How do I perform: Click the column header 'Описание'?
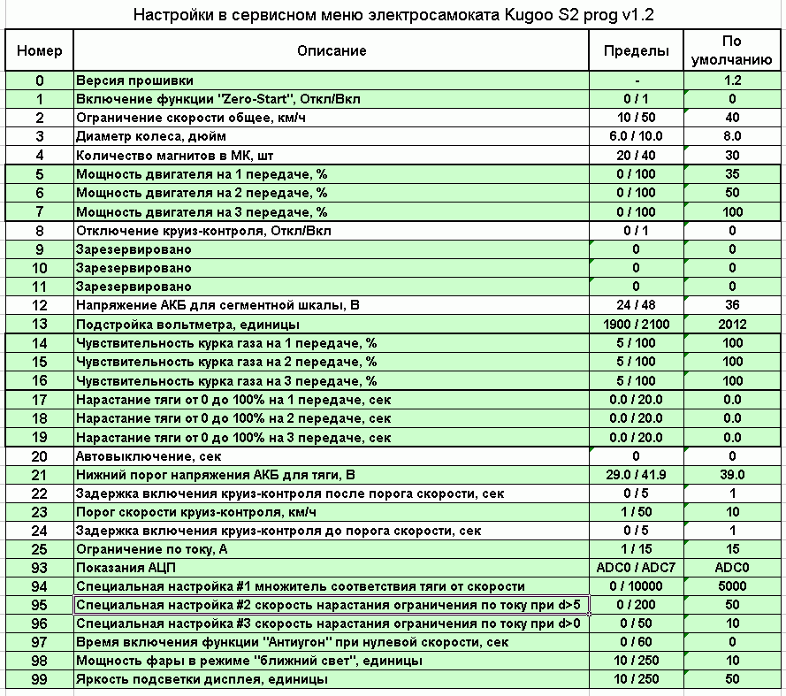pos(332,50)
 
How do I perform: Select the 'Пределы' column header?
pos(637,50)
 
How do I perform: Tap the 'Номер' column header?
pos(40,50)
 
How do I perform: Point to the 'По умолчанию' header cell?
pos(732,50)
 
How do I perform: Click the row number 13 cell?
pos(40,325)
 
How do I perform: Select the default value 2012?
pos(732,325)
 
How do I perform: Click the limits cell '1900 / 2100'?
pos(637,325)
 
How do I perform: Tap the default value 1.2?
pos(732,80)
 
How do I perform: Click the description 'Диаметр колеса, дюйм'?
pos(151,137)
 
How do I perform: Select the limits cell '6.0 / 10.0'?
pos(637,137)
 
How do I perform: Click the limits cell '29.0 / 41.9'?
pos(637,475)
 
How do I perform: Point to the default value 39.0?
pos(732,475)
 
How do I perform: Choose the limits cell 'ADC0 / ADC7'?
pos(637,568)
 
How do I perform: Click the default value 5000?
pos(732,586)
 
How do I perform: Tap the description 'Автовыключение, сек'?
pos(148,456)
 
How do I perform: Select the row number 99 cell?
pos(40,679)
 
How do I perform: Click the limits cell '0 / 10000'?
pos(637,586)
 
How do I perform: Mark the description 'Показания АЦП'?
pos(129,568)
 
